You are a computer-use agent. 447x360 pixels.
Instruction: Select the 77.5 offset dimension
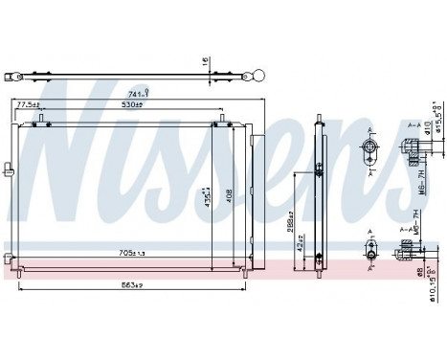pos(29,105)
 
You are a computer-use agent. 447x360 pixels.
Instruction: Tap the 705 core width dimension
pos(130,254)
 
